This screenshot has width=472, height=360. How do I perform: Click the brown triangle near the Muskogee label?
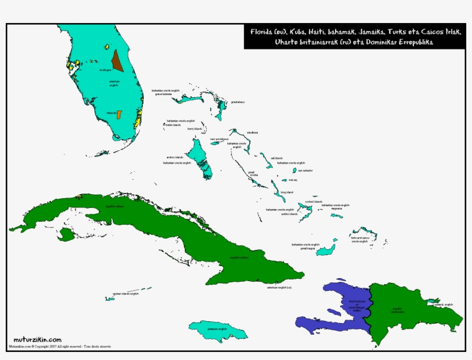(117, 60)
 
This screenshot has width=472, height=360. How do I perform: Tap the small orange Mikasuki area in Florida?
(119, 114)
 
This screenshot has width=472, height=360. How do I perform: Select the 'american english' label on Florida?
(117, 83)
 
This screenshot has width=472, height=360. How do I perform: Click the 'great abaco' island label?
(238, 102)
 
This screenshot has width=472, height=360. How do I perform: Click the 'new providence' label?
(219, 139)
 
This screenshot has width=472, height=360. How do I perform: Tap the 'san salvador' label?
(305, 170)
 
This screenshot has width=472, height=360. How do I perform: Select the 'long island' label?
(287, 192)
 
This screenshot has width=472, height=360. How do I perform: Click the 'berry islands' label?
(195, 129)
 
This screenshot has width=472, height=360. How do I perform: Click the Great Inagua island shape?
(328, 250)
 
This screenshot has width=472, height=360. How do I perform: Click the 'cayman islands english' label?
(125, 294)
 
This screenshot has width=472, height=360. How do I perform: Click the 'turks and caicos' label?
(360, 238)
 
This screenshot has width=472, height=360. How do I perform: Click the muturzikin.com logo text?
(37, 340)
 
